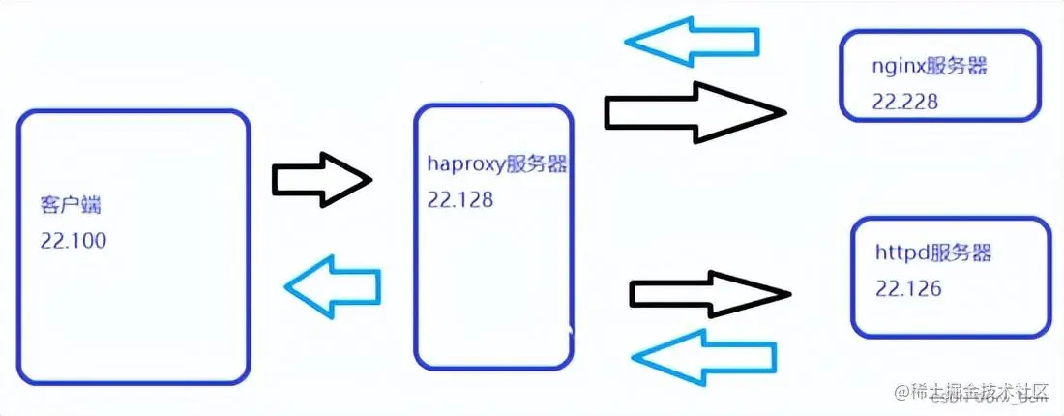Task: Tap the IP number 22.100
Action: coord(74,241)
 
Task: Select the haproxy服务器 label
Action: coord(497,163)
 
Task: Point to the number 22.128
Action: coord(460,200)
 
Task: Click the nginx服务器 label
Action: coord(932,67)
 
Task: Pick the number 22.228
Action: coord(904,102)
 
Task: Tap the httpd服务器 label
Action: coord(934,253)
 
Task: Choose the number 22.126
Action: coord(908,288)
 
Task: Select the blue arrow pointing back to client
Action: coord(332,284)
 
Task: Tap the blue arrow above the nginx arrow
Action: coord(692,42)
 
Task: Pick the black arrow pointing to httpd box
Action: coord(709,291)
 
